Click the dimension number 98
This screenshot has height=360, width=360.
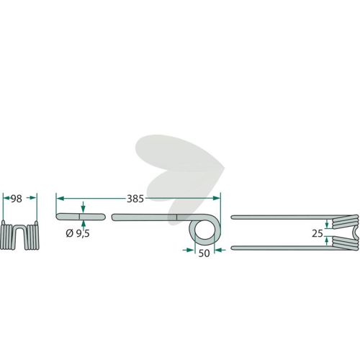pos(17,199)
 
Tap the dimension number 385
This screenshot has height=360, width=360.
pos(135,199)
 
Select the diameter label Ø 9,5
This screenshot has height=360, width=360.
pos(78,233)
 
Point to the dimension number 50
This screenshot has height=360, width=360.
pos(204,253)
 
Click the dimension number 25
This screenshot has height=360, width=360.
pos(318,233)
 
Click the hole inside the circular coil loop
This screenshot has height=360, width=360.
pos(204,230)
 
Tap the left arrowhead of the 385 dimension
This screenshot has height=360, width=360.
pos(60,198)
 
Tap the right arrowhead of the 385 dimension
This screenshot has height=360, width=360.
pos(216,198)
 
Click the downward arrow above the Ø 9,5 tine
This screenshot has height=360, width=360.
pos(83,207)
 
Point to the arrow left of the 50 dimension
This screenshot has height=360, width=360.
pos(188,250)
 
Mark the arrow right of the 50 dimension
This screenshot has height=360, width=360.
pos(220,250)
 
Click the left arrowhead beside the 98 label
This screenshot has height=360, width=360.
pos(7,198)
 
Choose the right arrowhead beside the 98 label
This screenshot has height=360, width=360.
pos(32,197)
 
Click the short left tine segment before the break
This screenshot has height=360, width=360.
pos(81,217)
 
